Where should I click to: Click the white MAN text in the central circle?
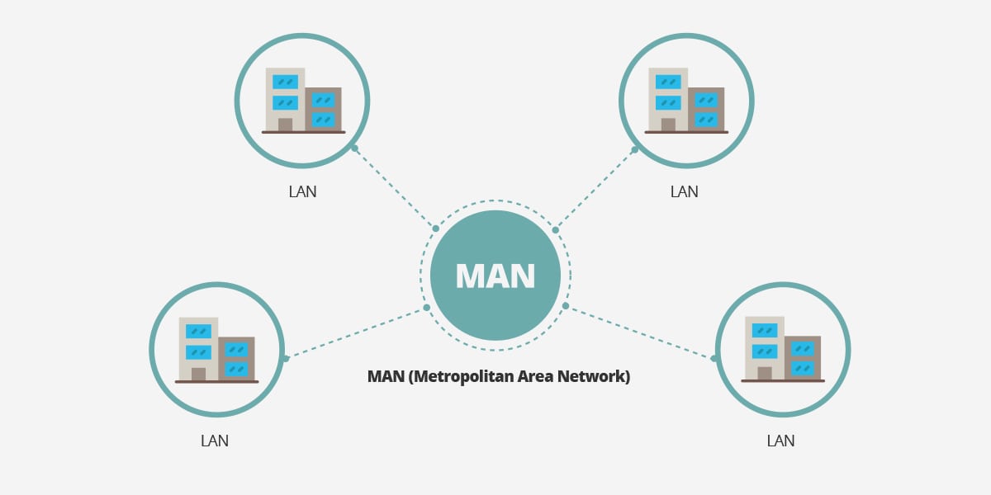coord(495,276)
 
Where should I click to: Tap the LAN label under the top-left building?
coord(302,191)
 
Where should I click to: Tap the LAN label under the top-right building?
coord(684,191)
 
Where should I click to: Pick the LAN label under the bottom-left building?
coord(215,441)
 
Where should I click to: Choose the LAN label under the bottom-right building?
coord(780,441)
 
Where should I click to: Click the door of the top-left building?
coord(285,125)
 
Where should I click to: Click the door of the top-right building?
coord(668,125)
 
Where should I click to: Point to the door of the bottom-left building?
coord(198,374)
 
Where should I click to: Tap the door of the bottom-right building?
coord(764,374)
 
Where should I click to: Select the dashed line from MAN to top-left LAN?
coord(395,188)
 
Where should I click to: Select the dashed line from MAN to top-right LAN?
coord(595,189)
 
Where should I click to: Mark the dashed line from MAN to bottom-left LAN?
coord(356,332)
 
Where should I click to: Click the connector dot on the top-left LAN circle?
coord(354,148)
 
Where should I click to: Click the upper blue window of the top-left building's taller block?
coord(285,82)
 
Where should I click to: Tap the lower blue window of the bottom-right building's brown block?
coord(802,368)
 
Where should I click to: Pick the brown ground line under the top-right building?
coord(686,132)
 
